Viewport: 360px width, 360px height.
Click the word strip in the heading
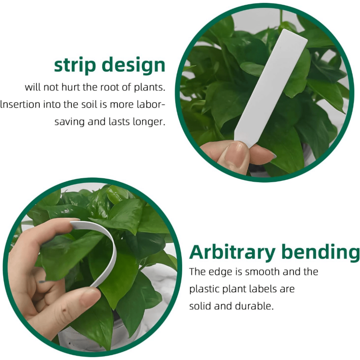(x=75, y=65)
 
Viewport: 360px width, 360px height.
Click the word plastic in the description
(x=202, y=289)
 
